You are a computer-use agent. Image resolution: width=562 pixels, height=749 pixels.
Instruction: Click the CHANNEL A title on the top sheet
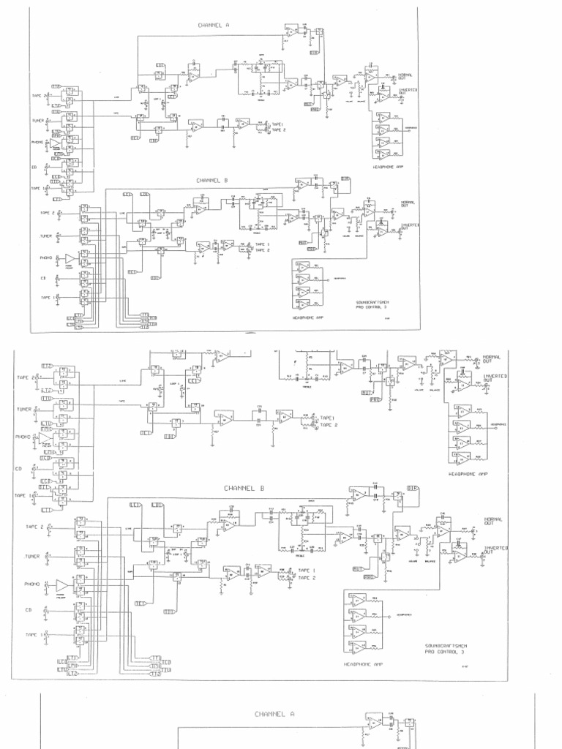[214, 25]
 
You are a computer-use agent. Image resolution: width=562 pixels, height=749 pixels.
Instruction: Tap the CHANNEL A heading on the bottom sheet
[274, 713]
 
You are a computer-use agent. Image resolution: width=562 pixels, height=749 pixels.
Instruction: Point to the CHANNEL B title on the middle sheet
[244, 487]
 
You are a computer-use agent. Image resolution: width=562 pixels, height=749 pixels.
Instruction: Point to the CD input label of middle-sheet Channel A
[18, 468]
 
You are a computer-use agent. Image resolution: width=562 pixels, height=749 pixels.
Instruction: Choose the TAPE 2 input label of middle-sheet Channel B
[35, 527]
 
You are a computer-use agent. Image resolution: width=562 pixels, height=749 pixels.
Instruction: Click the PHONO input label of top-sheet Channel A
[37, 142]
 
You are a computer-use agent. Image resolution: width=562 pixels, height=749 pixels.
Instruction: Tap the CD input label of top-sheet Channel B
[43, 278]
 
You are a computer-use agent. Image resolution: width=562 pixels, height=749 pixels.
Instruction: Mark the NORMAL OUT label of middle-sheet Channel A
[492, 359]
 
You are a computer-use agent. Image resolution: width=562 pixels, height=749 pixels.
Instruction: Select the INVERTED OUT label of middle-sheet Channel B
[495, 549]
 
